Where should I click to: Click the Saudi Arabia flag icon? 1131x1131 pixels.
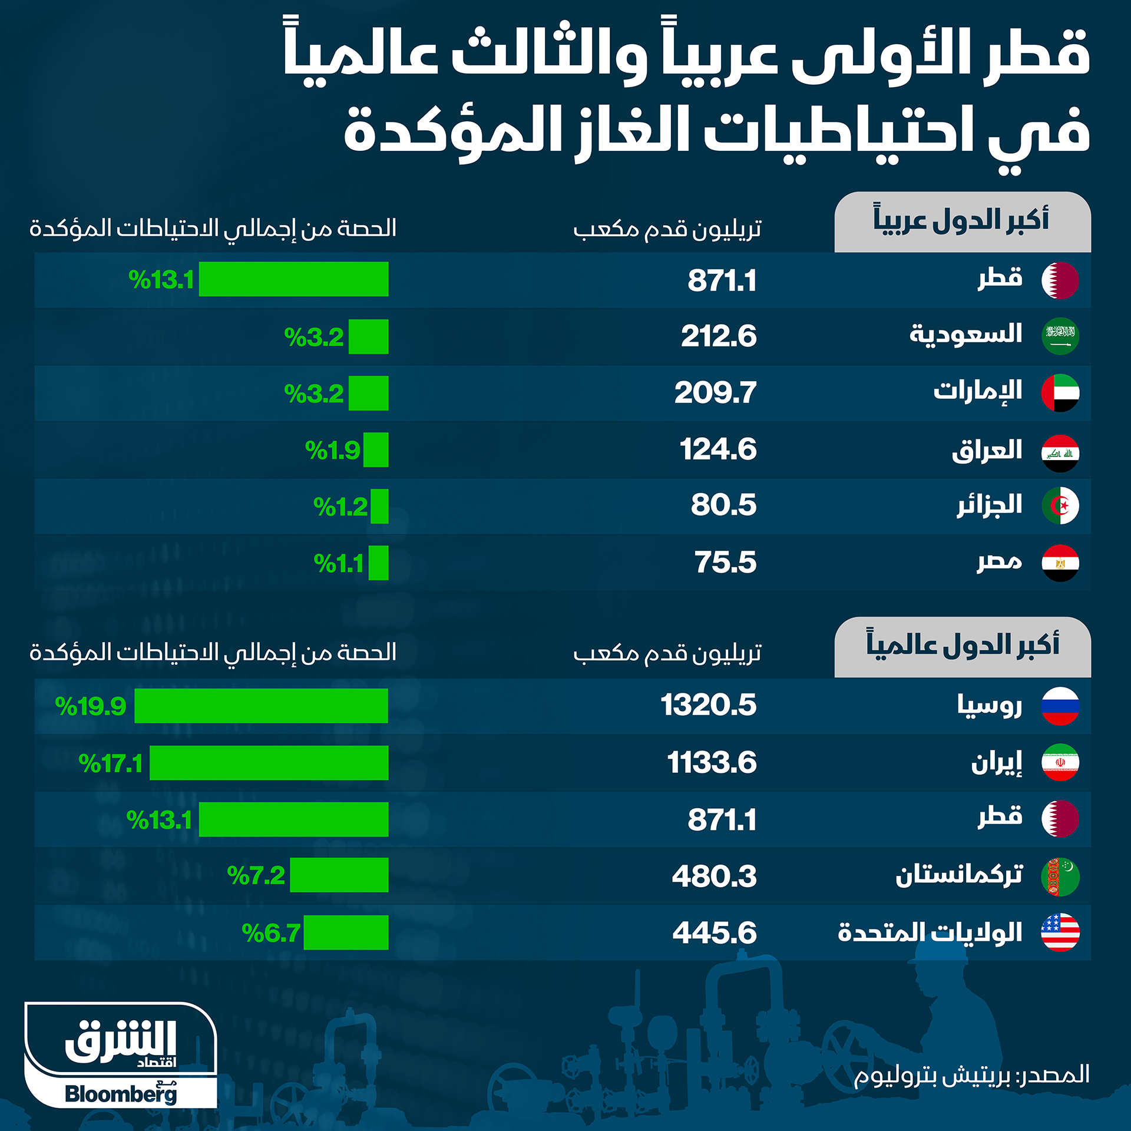(1060, 336)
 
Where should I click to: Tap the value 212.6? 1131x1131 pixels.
(719, 336)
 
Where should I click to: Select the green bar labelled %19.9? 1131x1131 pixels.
(261, 706)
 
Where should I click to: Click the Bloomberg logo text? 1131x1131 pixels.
(121, 1094)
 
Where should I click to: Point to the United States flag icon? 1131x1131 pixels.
(1060, 932)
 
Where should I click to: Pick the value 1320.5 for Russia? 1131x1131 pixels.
(708, 705)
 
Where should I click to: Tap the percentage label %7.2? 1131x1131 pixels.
(256, 875)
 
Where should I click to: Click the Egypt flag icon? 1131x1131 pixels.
(1060, 563)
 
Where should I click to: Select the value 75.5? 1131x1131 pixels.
(725, 563)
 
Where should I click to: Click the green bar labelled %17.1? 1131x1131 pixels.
(269, 763)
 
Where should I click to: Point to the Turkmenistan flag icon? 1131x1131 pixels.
(1060, 877)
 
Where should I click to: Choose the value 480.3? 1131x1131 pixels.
(714, 876)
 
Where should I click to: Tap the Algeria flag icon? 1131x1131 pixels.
(1060, 505)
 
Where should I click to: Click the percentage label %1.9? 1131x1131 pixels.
(332, 451)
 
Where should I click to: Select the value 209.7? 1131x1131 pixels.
(715, 393)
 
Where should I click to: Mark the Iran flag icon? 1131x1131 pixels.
(1060, 763)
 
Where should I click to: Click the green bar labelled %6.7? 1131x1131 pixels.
(346, 932)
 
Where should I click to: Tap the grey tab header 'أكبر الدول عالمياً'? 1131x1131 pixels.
(962, 647)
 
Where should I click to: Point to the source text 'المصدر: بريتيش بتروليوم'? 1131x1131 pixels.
(971, 1075)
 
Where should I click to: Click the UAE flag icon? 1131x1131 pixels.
(1060, 393)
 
